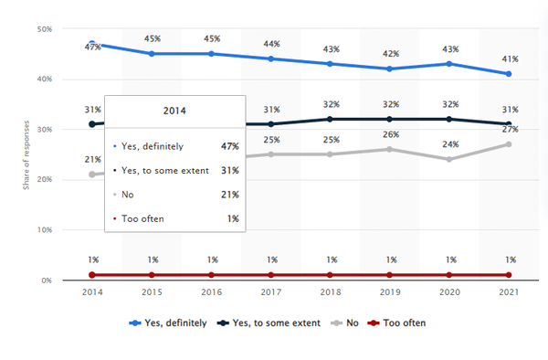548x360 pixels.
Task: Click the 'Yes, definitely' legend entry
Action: (x=171, y=323)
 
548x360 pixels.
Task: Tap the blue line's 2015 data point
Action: (x=152, y=54)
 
